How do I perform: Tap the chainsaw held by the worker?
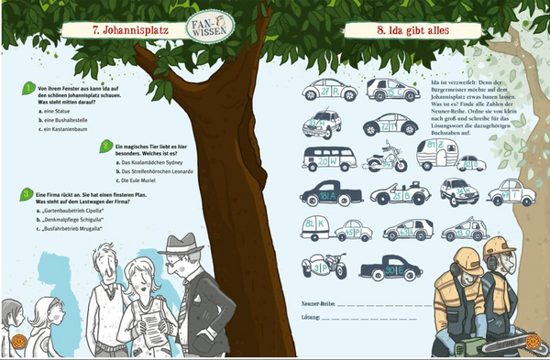pyautogui.click(x=490, y=344)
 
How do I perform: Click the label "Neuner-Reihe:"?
pyautogui.click(x=318, y=301)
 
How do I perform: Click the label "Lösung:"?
pyautogui.click(x=312, y=317)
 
